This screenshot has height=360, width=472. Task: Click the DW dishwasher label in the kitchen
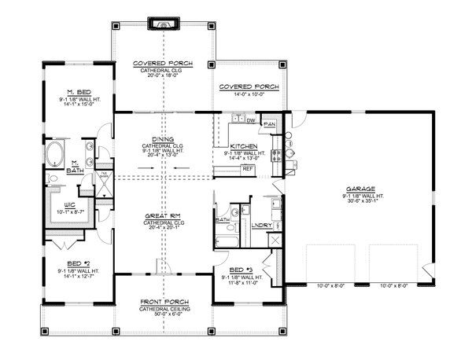pyautogui.click(x=251, y=120)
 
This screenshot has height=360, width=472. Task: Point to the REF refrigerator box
pyautogui.click(x=247, y=168)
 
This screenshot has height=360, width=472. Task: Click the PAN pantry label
pyautogui.click(x=269, y=124)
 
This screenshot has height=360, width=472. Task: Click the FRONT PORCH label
pyautogui.click(x=163, y=302)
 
